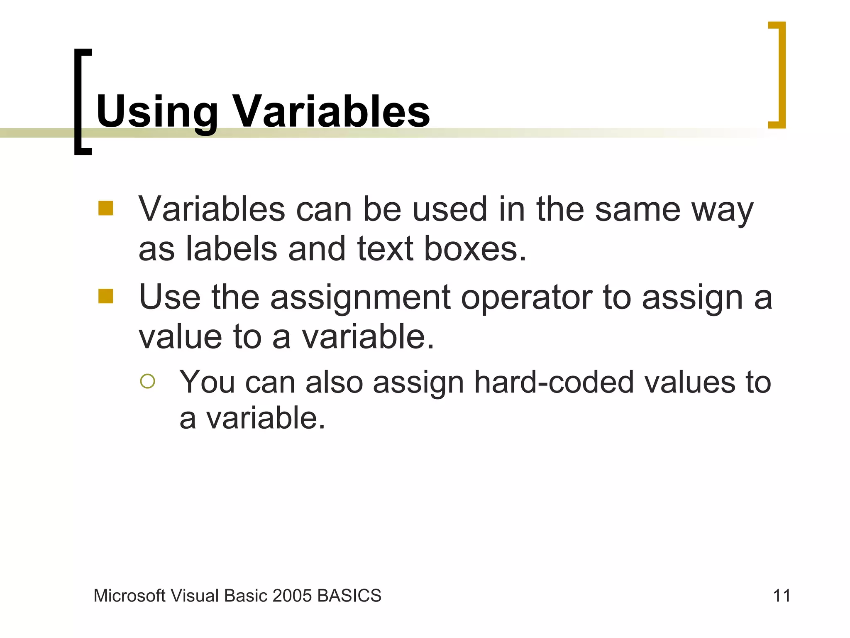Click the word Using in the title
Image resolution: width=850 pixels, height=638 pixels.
click(x=157, y=111)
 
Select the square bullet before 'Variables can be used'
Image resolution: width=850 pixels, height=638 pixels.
click(x=105, y=208)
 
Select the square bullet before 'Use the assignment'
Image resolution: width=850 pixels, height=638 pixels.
click(x=105, y=296)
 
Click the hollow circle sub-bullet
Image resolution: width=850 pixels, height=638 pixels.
click(x=148, y=381)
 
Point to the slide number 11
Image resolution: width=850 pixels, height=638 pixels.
click(x=781, y=596)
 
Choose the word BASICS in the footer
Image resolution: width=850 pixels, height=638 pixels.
click(x=349, y=596)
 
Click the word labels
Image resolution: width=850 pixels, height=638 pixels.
click(x=231, y=249)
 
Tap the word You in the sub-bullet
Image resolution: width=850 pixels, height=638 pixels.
click(x=207, y=382)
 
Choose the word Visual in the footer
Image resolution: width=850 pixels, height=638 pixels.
click(x=195, y=596)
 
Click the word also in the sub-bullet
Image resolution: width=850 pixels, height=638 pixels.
click(x=334, y=382)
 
